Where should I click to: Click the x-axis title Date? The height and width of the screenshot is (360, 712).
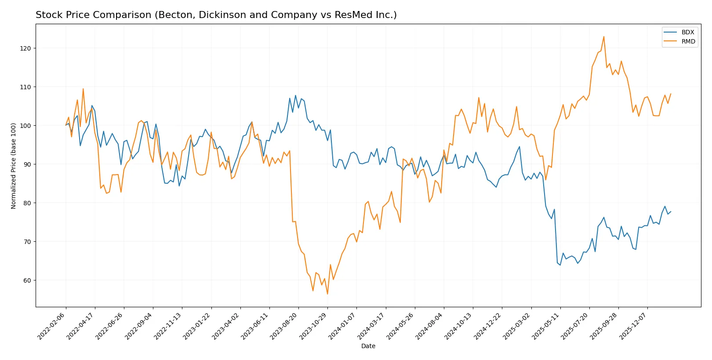click(368, 346)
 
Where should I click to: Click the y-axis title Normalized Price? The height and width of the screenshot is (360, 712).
click(14, 166)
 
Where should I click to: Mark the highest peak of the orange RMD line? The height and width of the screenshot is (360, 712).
click(603, 36)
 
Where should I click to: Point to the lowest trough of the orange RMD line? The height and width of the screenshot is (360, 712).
click(327, 294)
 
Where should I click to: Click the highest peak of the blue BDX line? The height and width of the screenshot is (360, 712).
click(295, 95)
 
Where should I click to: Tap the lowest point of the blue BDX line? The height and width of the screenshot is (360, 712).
click(560, 265)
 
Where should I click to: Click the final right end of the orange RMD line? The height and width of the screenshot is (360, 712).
click(670, 94)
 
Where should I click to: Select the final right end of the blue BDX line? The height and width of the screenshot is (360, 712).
click(670, 211)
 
